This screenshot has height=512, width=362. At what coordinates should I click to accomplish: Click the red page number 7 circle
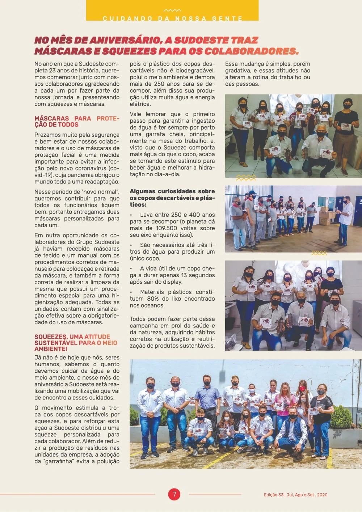[x=174, y=494]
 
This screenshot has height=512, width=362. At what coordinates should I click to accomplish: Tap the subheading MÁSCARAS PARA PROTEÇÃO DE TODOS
[x=77, y=122]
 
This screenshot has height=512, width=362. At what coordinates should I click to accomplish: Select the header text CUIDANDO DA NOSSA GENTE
[x=172, y=18]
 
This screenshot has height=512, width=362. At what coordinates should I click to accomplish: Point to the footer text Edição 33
[x=273, y=495]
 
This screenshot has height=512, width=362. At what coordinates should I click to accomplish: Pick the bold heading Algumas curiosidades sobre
[x=172, y=191]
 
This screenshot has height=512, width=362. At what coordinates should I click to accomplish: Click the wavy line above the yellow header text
[x=172, y=10]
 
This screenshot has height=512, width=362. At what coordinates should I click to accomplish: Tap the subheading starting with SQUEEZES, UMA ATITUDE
[x=76, y=343]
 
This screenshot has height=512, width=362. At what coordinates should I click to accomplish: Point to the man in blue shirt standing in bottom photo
[x=207, y=398]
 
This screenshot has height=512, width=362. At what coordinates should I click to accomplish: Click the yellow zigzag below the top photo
[x=246, y=178]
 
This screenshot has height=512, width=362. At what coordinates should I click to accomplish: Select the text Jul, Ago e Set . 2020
[x=307, y=495]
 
